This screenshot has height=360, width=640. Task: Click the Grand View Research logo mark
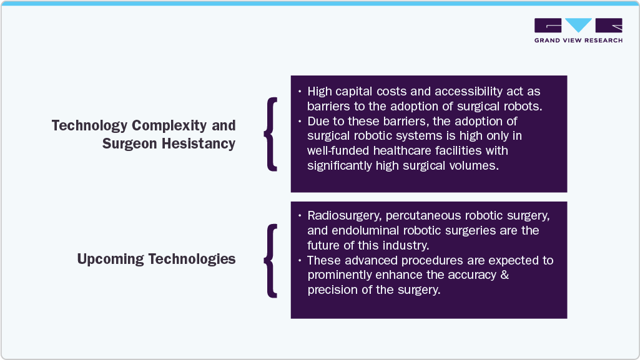point(578,26)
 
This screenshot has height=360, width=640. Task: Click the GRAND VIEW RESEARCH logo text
point(578,41)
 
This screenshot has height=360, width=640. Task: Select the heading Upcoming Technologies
point(156,259)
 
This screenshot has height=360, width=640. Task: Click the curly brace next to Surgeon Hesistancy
point(270,134)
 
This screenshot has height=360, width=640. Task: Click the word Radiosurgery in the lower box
point(343,216)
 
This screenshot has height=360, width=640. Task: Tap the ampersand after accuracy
point(505,275)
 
